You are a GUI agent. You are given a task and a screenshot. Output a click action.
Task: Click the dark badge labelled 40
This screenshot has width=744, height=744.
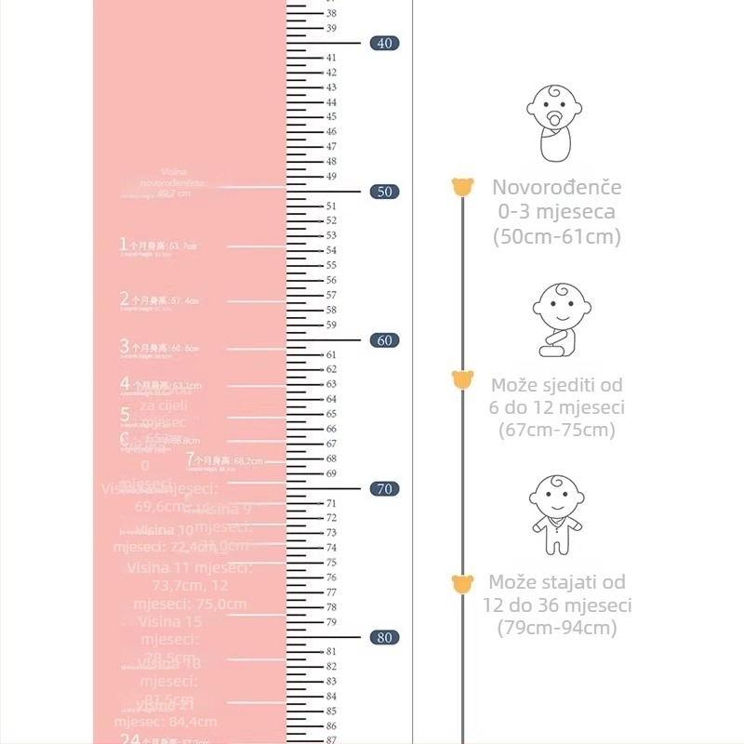pyautogui.click(x=384, y=43)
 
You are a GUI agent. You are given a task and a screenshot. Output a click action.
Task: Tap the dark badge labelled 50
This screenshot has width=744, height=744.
pyautogui.click(x=384, y=192)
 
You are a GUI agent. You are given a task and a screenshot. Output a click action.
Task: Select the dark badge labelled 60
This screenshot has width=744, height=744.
pyautogui.click(x=384, y=340)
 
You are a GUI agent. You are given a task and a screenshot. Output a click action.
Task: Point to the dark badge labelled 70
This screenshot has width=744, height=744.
pyautogui.click(x=384, y=489)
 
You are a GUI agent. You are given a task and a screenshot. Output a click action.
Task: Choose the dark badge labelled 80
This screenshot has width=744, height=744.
pyautogui.click(x=384, y=638)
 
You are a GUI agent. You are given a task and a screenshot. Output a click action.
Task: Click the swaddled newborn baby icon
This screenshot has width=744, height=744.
pyautogui.click(x=555, y=124)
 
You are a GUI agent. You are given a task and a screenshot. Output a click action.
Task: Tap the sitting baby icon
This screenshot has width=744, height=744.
pyautogui.click(x=559, y=319)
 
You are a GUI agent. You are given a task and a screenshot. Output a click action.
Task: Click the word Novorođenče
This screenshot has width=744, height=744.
pyautogui.click(x=556, y=187)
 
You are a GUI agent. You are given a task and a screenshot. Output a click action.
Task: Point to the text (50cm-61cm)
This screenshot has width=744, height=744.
pyautogui.click(x=556, y=236)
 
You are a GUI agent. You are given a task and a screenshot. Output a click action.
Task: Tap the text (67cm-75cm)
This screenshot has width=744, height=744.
pyautogui.click(x=556, y=431)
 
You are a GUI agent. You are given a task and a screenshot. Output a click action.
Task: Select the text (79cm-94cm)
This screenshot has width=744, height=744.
pyautogui.click(x=556, y=629)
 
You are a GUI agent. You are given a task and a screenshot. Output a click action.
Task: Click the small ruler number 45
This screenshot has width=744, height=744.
pyautogui.click(x=331, y=117)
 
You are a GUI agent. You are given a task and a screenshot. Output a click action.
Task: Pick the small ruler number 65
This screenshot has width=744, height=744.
pyautogui.click(x=331, y=414)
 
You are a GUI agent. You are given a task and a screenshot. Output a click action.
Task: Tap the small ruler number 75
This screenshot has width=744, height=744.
pyautogui.click(x=331, y=563)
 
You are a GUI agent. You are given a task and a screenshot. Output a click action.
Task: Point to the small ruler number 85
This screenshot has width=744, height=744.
pyautogui.click(x=331, y=711)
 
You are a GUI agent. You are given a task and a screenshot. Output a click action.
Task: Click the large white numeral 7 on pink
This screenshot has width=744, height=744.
pyautogui.click(x=190, y=459)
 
